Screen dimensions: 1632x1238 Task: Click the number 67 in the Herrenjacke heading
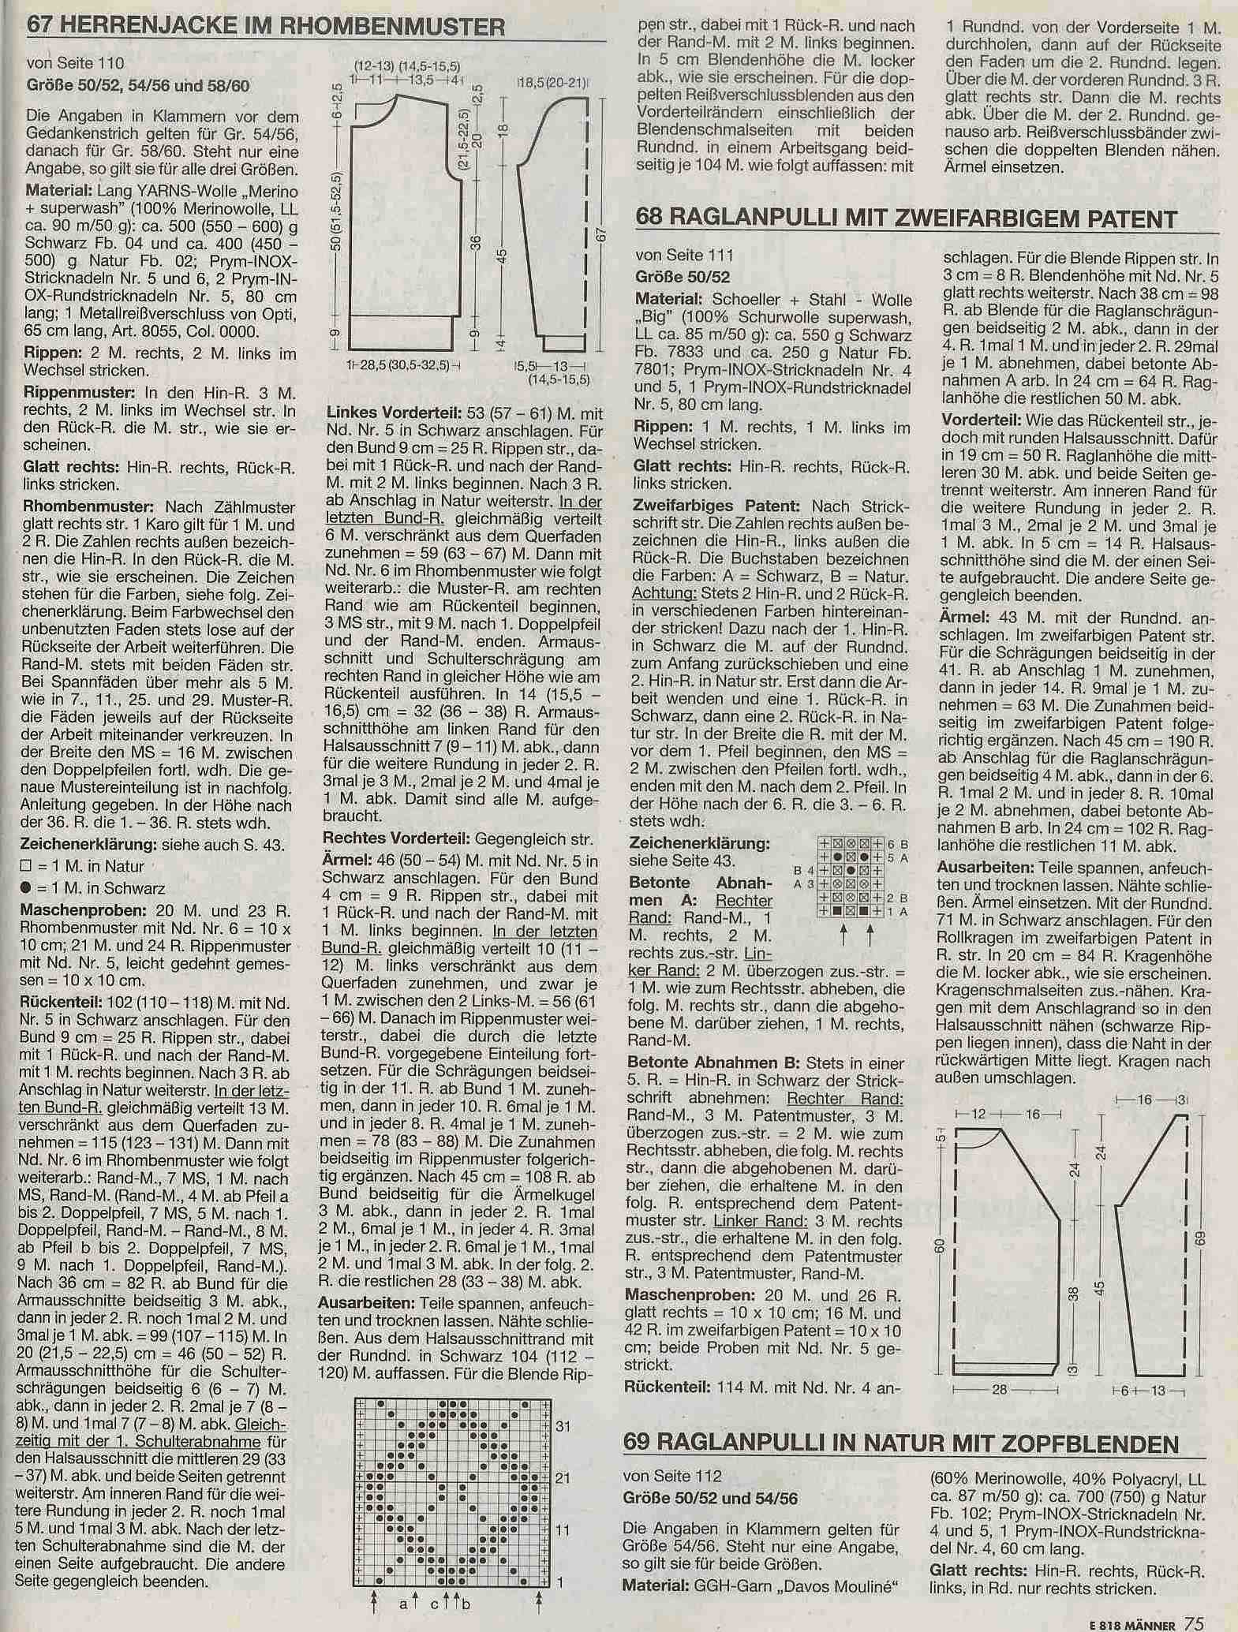pyautogui.click(x=41, y=27)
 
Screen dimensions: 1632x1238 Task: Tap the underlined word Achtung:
pyautogui.click(x=665, y=594)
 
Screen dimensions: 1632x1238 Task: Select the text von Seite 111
pyautogui.click(x=685, y=255)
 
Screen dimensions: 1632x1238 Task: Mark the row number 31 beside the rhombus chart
pyautogui.click(x=563, y=1426)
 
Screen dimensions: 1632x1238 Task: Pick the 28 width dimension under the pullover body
pyautogui.click(x=999, y=1390)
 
